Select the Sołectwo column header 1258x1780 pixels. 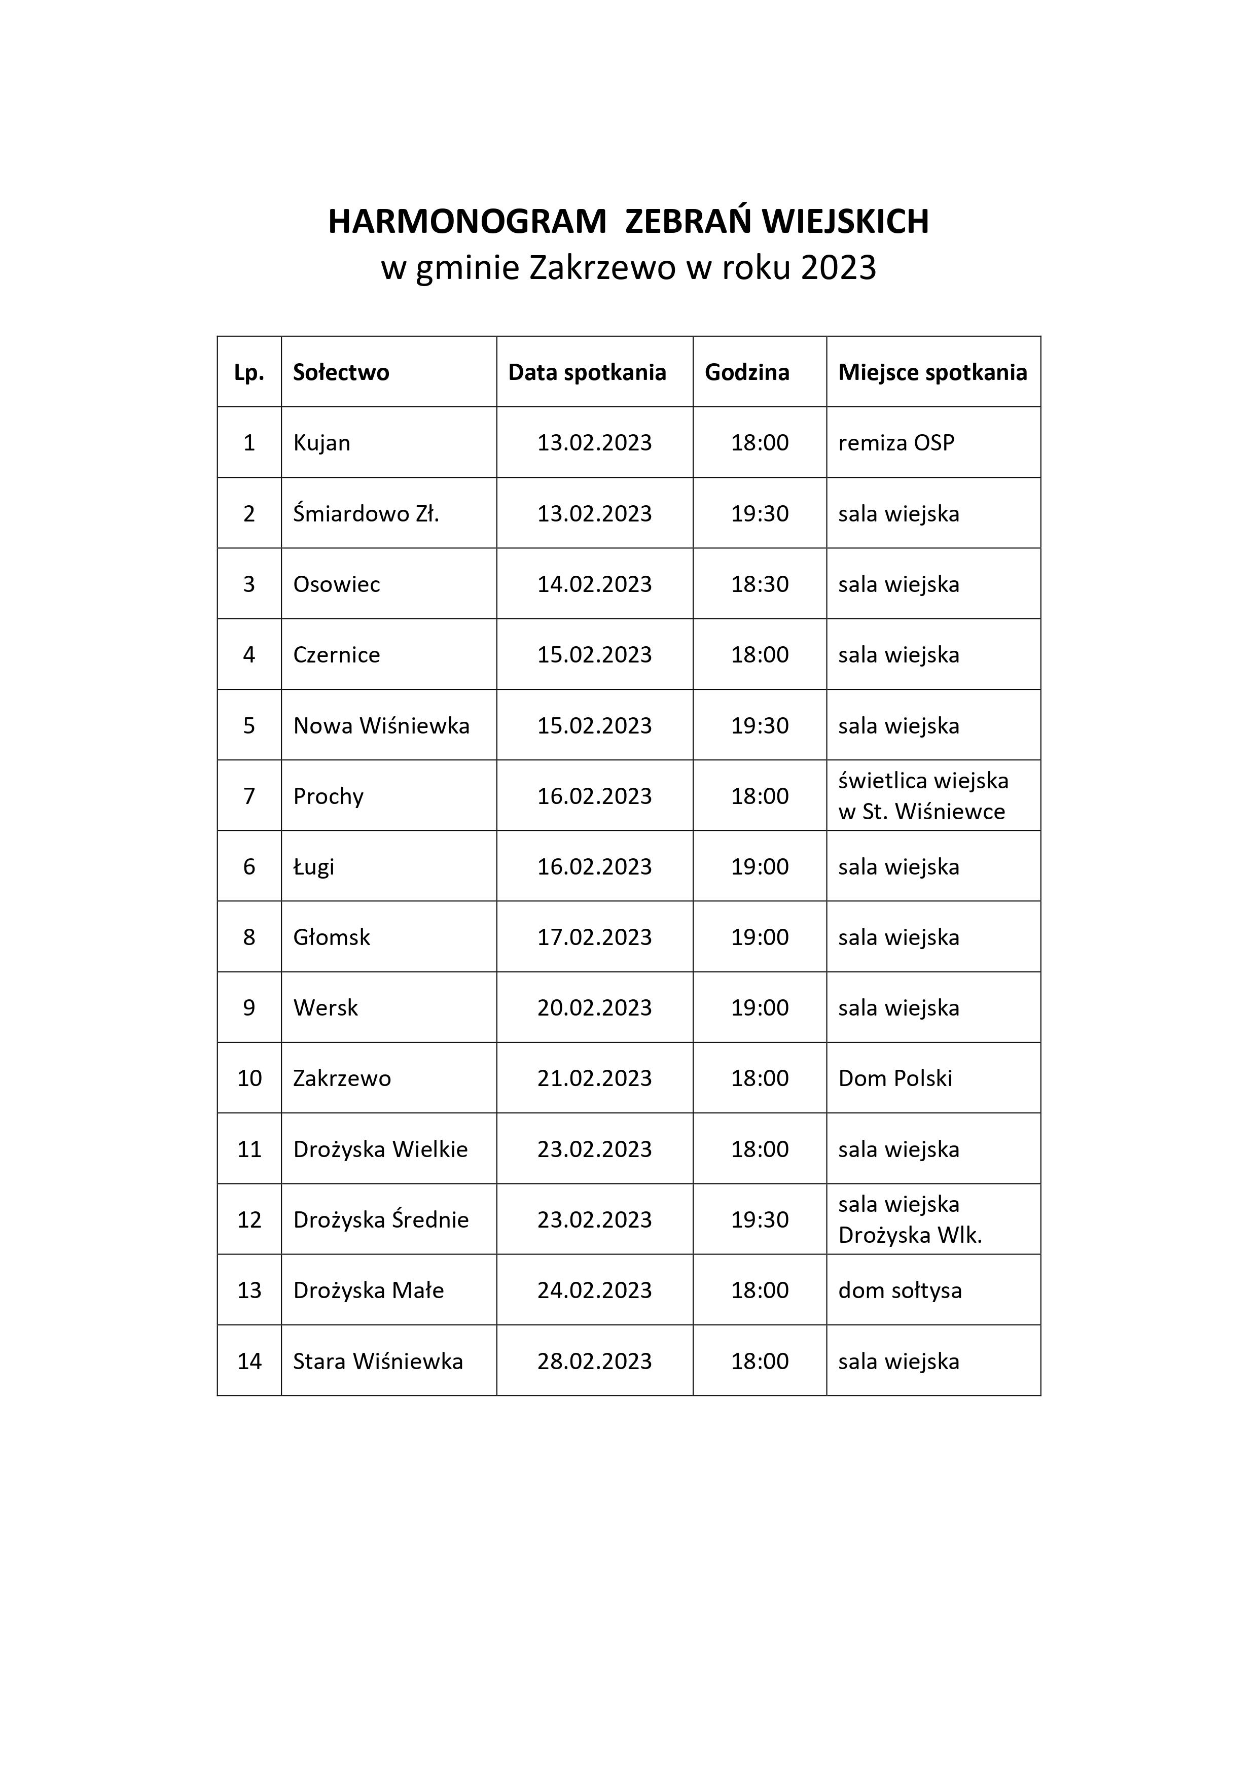tap(341, 372)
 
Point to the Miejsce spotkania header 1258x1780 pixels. tap(932, 372)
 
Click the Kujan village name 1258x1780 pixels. tap(321, 443)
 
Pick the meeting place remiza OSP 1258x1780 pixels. tap(896, 443)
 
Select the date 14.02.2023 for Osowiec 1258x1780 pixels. tap(594, 584)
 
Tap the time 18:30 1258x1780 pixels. tap(760, 584)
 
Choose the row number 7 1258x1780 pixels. tap(249, 796)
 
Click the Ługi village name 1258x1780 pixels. tap(314, 867)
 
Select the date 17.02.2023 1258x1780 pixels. tap(594, 937)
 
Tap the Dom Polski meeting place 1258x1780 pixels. tap(895, 1078)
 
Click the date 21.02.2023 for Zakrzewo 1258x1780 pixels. tap(594, 1078)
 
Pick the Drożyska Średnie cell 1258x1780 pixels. tap(381, 1220)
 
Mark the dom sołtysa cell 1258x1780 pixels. tap(900, 1291)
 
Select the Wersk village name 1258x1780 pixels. tap(326, 1008)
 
